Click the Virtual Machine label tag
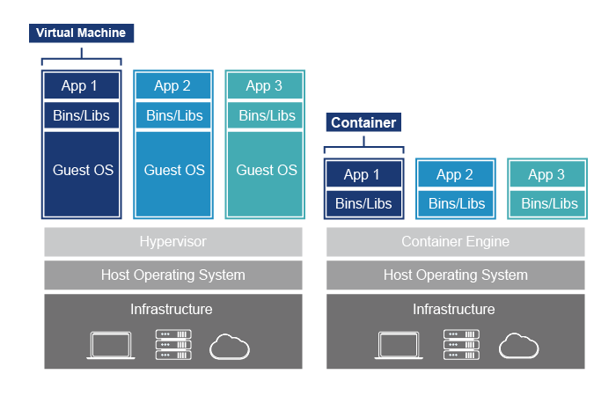click(81, 33)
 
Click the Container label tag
click(363, 122)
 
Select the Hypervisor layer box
click(173, 241)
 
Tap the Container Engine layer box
click(455, 241)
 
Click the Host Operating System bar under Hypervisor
click(173, 275)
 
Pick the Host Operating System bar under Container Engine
click(455, 275)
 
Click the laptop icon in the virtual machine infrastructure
click(110, 345)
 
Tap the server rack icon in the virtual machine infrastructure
click(173, 345)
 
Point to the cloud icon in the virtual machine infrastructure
click(230, 346)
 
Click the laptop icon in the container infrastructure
click(399, 345)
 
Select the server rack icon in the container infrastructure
click(461, 345)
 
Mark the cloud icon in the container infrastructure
click(518, 346)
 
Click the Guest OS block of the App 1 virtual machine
click(82, 171)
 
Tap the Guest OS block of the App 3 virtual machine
click(267, 171)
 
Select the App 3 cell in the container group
click(546, 175)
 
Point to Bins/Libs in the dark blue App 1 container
click(363, 203)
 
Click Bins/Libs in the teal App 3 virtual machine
click(267, 115)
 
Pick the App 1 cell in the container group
click(363, 175)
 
